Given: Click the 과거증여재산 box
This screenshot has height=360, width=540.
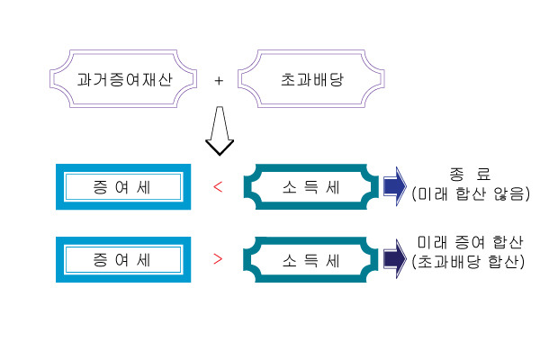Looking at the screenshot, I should pos(121,79).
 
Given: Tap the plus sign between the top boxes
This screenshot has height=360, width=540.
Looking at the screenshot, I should pos(219,80).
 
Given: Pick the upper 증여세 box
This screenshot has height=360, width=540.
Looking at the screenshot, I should pos(121,187).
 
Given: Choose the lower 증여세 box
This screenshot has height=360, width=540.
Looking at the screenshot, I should pos(121,261).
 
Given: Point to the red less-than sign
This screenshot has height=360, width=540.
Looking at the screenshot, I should pos(217,187).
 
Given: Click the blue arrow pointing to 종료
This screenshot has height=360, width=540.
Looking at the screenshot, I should pos(394,186).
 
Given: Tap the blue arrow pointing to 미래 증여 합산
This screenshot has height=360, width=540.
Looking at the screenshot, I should pos(394,260).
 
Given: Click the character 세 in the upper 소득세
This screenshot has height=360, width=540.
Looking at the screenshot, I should pos(332,187).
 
